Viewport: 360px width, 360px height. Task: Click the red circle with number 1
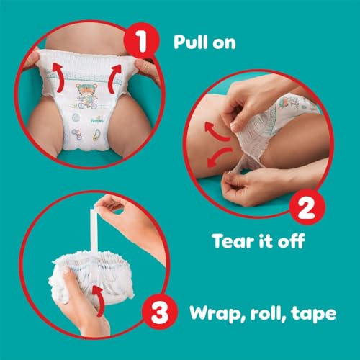click(141, 41)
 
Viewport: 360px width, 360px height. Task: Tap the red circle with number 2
click(307, 207)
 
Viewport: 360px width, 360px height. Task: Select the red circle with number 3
click(160, 312)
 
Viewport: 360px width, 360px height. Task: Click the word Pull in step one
click(191, 42)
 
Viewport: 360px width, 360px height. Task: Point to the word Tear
click(234, 240)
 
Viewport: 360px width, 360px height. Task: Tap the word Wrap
click(217, 313)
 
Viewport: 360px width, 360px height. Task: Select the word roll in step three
click(268, 312)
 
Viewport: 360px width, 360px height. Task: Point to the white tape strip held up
click(94, 230)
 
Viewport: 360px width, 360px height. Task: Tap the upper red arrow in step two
click(216, 132)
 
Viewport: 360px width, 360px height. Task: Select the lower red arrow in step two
click(218, 157)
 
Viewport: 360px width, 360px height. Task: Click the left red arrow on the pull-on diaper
click(58, 76)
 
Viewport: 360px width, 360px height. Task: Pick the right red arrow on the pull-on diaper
click(115, 78)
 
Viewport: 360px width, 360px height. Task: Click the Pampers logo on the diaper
click(97, 120)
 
